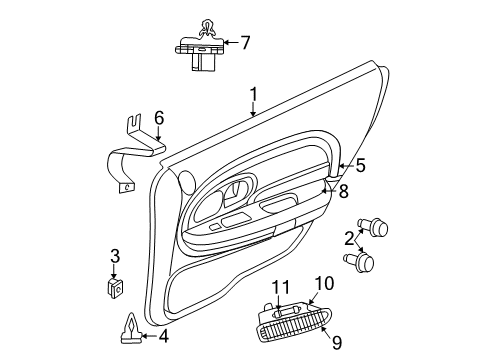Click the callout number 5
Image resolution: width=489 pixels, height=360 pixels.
(361, 166)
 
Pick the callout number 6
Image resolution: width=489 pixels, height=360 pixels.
(158, 118)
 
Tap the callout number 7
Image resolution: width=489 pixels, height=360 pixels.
(245, 42)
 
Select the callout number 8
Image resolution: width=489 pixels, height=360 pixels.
(342, 190)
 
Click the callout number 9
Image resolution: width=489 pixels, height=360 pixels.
(336, 343)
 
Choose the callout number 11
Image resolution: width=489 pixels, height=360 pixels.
(283, 287)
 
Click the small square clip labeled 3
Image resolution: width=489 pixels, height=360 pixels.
(115, 286)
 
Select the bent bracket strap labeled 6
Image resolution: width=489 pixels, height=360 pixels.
(130, 160)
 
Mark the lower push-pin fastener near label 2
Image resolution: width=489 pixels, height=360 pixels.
(361, 262)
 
